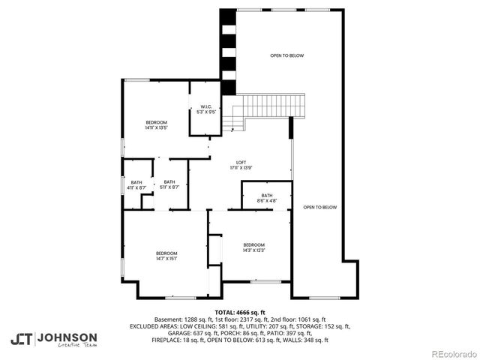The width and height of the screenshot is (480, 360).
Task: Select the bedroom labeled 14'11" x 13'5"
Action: point(156,124)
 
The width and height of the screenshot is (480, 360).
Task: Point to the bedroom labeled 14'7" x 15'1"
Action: point(166,256)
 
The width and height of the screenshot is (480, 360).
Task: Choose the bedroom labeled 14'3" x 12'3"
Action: point(253,248)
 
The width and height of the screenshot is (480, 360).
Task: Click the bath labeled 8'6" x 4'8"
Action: point(267,198)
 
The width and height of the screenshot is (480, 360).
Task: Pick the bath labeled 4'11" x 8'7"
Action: point(136,184)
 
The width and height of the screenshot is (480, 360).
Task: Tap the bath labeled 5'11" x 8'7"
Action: point(169,184)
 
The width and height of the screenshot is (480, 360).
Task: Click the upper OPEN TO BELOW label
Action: point(287,56)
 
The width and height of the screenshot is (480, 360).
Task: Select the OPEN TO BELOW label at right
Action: point(320,207)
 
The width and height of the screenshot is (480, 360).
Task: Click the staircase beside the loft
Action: point(271,109)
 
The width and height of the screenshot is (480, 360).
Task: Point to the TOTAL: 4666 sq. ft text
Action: point(240,312)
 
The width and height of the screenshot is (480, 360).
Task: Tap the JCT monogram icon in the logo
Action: point(21,339)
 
